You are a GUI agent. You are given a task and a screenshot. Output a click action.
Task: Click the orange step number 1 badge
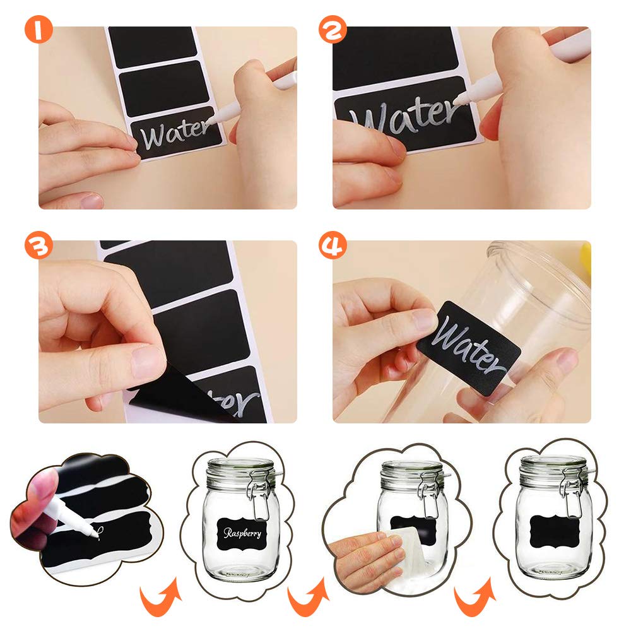(38, 30)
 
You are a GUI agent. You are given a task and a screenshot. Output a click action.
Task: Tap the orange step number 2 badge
(333, 30)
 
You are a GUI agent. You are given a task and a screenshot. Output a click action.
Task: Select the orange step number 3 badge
(38, 245)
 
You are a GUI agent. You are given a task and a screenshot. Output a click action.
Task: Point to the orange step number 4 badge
(333, 245)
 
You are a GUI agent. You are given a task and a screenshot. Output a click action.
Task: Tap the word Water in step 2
(404, 115)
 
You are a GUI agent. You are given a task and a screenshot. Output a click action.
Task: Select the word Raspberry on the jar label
(242, 533)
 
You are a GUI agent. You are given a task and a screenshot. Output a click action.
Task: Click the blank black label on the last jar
(555, 532)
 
